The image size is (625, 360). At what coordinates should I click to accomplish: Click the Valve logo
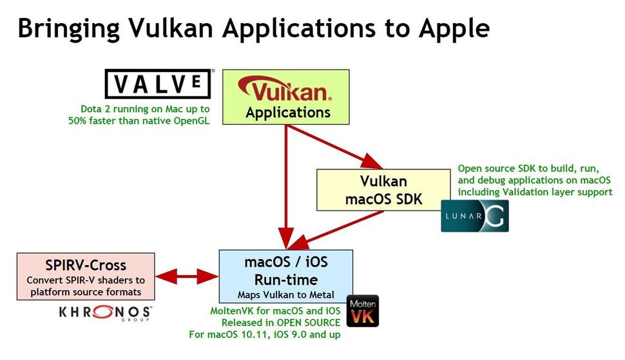[159, 84]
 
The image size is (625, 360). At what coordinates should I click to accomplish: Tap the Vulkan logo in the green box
[285, 90]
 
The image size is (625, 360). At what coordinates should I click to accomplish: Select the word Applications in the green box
[287, 113]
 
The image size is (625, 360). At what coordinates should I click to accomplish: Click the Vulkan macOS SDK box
[383, 190]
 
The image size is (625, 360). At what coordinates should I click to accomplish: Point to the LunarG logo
[475, 216]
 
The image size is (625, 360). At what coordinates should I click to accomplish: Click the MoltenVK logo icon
[363, 311]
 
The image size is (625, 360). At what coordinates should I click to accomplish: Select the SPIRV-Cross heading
[86, 265]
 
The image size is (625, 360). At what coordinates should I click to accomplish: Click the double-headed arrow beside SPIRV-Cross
[187, 276]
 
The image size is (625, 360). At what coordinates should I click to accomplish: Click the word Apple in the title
[454, 29]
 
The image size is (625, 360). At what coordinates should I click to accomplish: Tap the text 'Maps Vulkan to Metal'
[285, 296]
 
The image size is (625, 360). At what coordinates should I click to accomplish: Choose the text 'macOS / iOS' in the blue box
[285, 262]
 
